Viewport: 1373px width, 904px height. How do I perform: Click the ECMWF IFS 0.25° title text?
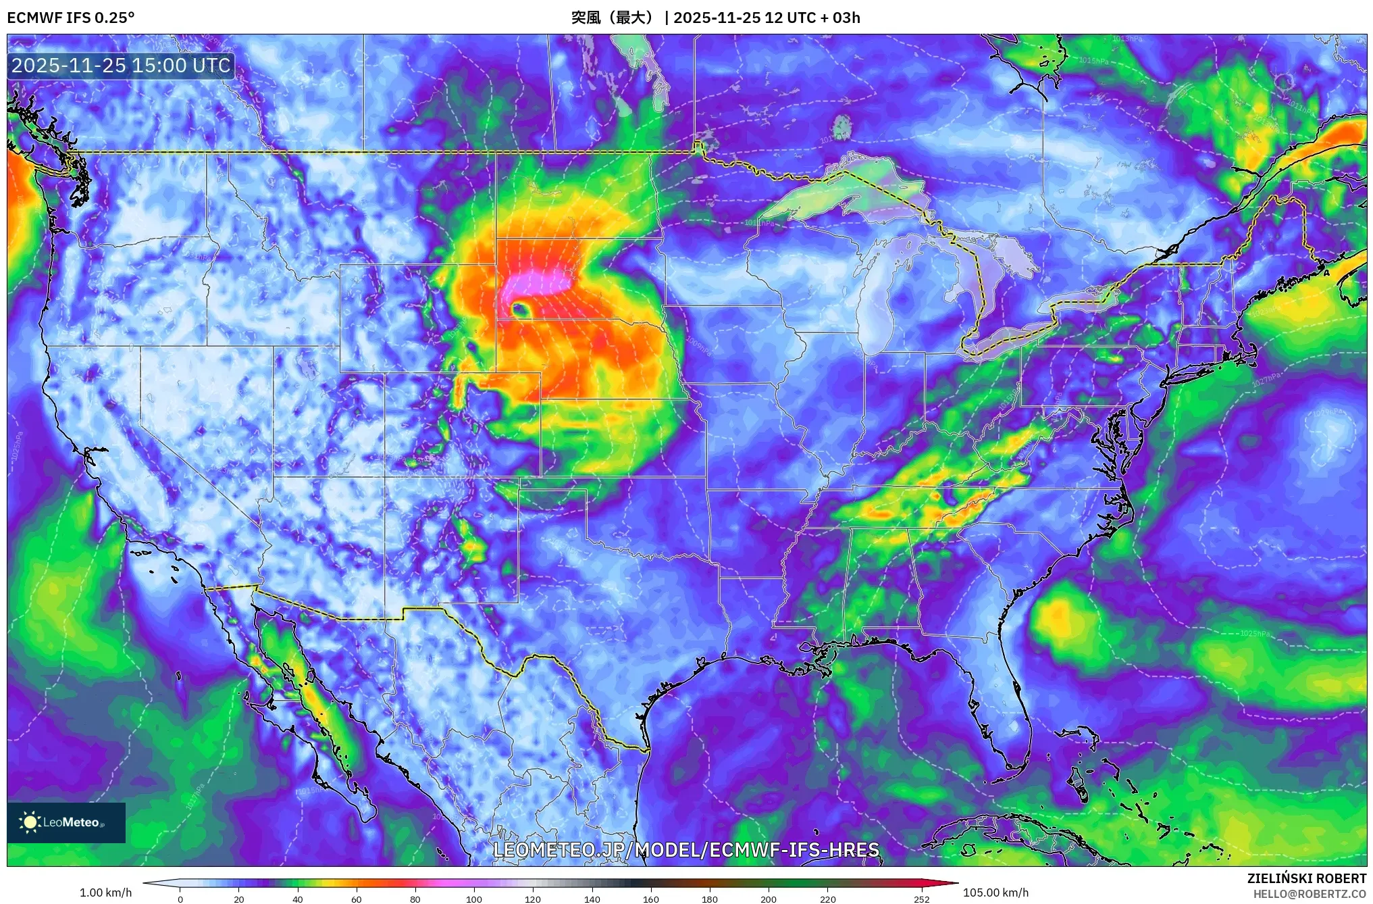click(x=71, y=18)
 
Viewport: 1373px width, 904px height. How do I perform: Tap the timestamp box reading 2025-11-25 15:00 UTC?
click(x=121, y=66)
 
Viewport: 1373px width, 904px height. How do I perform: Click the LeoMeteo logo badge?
click(x=66, y=822)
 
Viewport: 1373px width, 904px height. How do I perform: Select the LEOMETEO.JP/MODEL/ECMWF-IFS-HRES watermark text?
click(x=686, y=850)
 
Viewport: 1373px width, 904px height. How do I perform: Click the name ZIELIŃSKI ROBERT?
click(x=1306, y=878)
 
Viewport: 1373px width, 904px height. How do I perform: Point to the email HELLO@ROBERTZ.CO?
click(x=1310, y=894)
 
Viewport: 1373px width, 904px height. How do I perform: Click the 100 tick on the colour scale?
click(x=474, y=899)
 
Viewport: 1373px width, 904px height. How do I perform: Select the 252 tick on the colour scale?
click(x=921, y=899)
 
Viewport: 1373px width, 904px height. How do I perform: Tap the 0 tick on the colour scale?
click(x=180, y=899)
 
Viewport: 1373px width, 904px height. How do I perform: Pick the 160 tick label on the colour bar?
click(x=651, y=899)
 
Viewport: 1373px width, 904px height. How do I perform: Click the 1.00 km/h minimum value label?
click(x=105, y=893)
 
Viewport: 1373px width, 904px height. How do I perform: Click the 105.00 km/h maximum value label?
click(x=995, y=893)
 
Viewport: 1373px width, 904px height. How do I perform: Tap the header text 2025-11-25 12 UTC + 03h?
click(x=767, y=18)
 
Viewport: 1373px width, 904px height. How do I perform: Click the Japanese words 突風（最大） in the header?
click(x=613, y=18)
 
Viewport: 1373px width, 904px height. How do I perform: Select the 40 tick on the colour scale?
click(x=298, y=899)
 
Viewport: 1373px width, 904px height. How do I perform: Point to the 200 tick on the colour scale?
click(x=769, y=899)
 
